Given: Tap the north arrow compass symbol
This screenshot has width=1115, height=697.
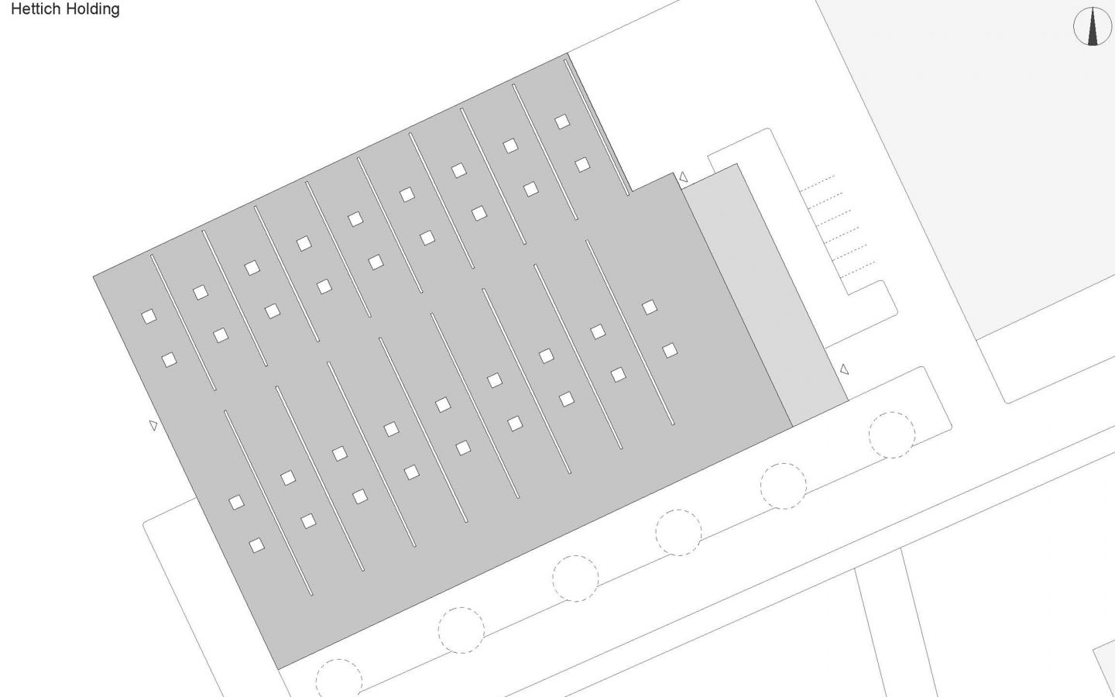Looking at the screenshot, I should tap(1093, 26).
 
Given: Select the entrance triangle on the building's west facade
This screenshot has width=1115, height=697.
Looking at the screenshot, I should tap(153, 425).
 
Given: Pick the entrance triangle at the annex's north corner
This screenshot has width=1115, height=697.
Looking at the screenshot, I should tap(683, 178).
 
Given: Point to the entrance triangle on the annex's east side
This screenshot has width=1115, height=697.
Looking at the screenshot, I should tap(844, 370).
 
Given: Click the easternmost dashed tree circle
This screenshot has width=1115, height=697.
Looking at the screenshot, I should tap(892, 434).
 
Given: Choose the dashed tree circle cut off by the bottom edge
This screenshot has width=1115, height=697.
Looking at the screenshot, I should tap(338, 678).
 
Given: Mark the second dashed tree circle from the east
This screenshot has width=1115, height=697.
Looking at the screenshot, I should tap(784, 486).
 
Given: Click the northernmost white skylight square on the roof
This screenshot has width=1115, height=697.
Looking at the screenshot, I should tap(562, 122).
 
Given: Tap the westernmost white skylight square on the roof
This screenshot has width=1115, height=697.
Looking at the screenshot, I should tap(149, 316).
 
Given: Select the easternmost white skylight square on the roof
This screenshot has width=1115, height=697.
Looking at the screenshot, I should tap(670, 351).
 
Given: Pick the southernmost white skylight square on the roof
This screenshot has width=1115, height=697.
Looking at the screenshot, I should tap(256, 546).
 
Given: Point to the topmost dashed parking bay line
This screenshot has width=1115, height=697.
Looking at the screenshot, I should tap(817, 183).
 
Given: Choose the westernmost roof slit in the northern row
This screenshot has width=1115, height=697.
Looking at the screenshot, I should tap(183, 322).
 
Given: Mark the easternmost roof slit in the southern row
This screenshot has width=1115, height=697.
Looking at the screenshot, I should tap(630, 332).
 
